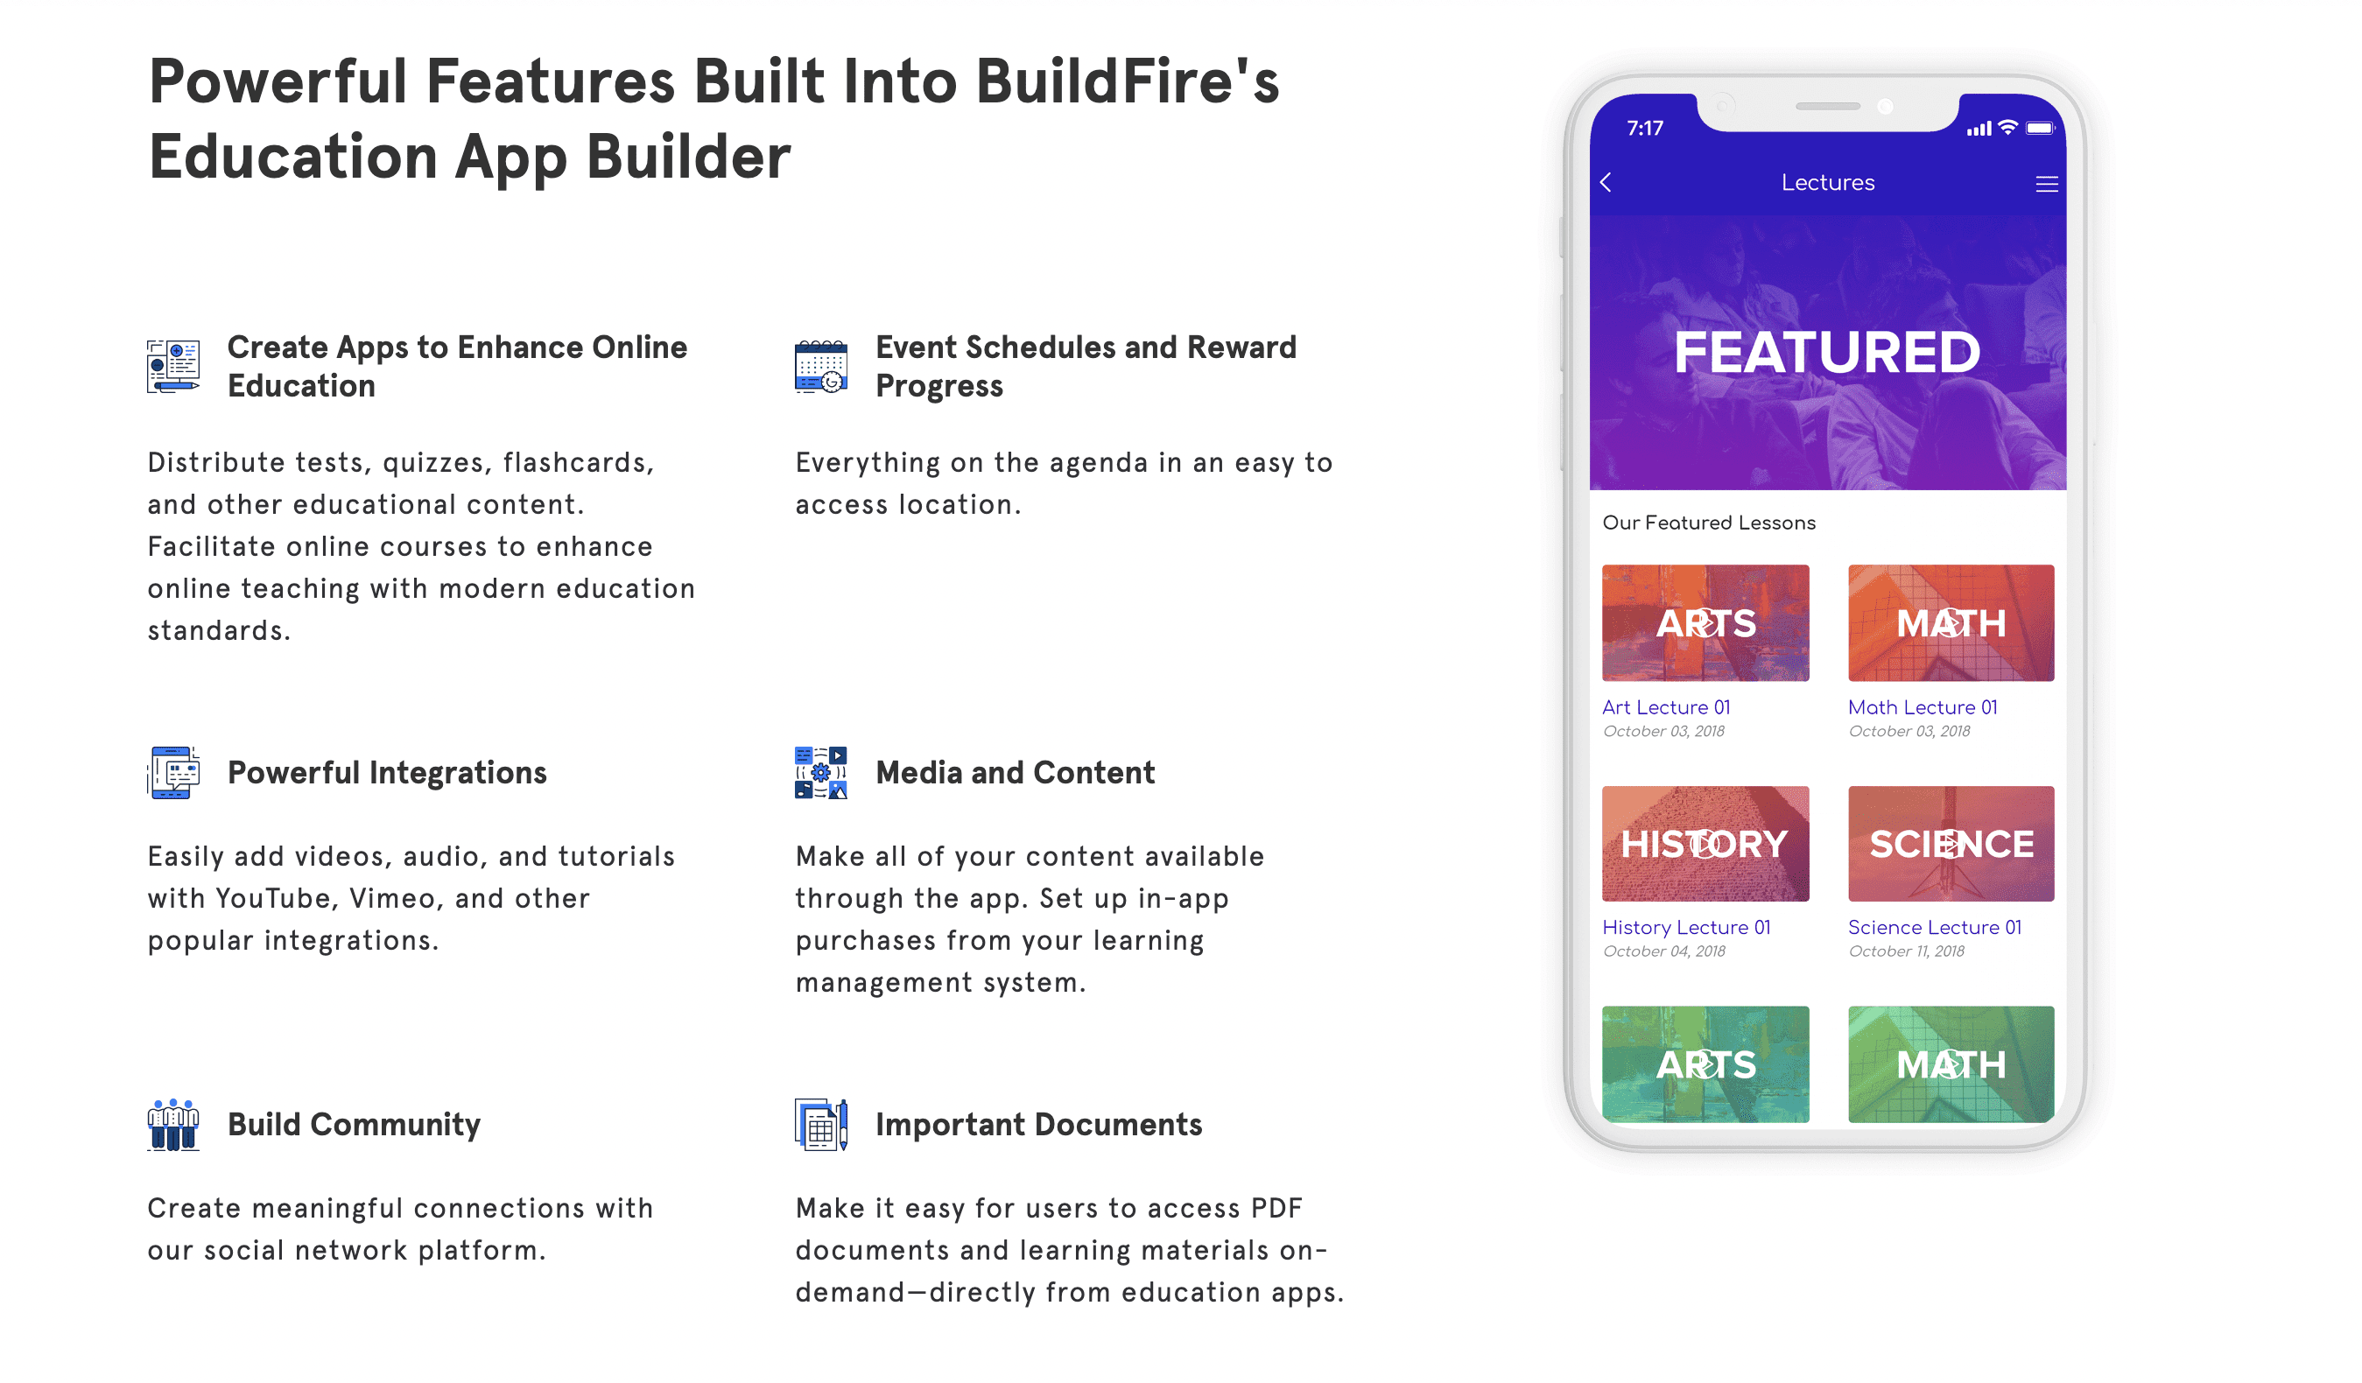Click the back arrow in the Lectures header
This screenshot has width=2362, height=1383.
1606,183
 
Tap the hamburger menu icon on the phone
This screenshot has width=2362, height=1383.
2046,185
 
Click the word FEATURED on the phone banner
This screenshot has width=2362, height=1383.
1827,352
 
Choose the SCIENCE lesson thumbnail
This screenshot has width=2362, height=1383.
1951,843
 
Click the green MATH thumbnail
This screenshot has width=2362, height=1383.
1951,1064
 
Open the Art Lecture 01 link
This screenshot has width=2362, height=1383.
1666,707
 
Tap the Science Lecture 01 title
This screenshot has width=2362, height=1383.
1934,928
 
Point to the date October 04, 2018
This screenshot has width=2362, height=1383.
1663,952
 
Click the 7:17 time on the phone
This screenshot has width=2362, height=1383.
1645,129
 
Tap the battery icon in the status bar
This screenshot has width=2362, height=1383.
2040,129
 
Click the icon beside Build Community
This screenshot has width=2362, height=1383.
173,1125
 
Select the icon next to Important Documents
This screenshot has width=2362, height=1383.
821,1125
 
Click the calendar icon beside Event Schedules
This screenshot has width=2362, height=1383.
821,367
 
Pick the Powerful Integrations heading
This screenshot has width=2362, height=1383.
387,772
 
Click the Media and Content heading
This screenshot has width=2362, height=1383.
1015,772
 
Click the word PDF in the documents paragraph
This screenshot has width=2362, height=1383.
1276,1208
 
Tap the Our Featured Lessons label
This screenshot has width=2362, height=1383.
1709,523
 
